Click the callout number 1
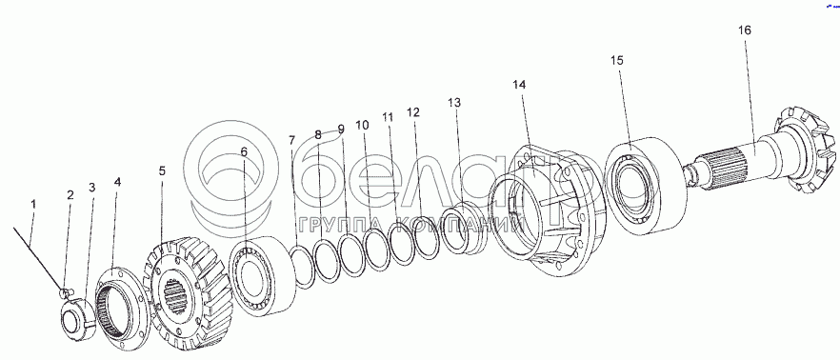[33, 204]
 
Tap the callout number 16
[745, 30]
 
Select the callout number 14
[519, 85]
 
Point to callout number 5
[162, 170]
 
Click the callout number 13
[453, 102]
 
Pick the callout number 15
[616, 60]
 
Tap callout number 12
[413, 112]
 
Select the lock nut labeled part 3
[78, 319]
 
